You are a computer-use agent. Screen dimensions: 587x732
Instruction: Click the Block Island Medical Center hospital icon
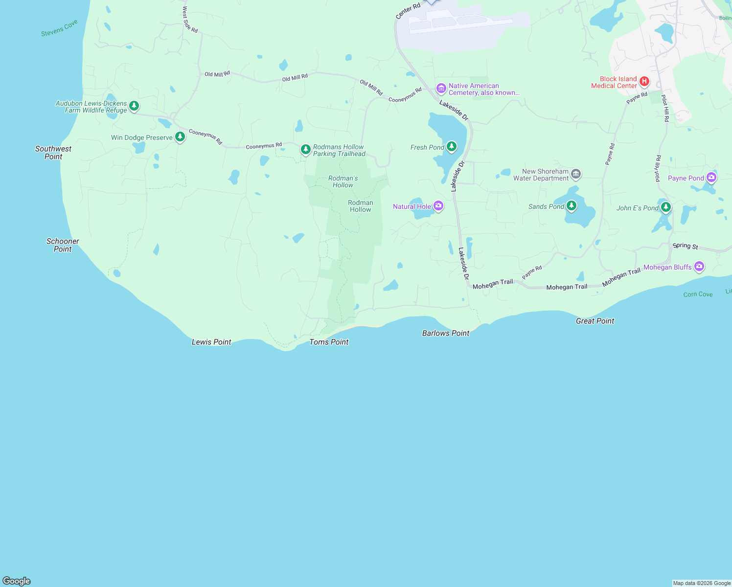pos(644,81)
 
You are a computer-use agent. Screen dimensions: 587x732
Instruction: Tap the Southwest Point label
pos(53,153)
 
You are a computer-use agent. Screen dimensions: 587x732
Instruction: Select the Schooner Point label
pos(63,245)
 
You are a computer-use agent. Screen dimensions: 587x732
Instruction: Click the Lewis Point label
pos(211,342)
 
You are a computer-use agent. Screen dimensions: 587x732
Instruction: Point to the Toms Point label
pos(329,342)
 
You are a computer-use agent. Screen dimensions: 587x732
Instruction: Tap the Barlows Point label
pos(446,333)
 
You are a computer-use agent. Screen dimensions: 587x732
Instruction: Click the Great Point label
pos(595,321)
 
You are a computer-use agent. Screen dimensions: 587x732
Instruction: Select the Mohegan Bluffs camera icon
pos(699,266)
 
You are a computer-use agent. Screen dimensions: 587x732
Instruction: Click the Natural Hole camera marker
pos(438,206)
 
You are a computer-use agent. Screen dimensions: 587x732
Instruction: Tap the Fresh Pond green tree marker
pos(452,146)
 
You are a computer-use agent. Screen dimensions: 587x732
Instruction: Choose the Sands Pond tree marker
pos(571,206)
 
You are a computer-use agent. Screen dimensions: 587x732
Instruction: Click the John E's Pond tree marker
pos(665,207)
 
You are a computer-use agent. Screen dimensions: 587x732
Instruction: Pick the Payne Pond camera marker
pos(711,178)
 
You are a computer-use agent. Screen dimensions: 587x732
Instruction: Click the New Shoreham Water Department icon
pos(576,174)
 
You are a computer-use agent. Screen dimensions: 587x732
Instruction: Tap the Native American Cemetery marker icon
pos(441,88)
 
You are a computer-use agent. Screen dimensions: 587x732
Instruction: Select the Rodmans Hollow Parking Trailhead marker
pos(306,149)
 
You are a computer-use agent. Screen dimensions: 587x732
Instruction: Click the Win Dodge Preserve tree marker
pos(180,136)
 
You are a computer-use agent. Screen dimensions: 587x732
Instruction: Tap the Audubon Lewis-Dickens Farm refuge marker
pos(134,106)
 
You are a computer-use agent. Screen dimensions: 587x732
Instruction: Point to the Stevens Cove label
pos(59,28)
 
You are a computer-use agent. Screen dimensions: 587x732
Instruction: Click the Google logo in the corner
pos(17,581)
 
